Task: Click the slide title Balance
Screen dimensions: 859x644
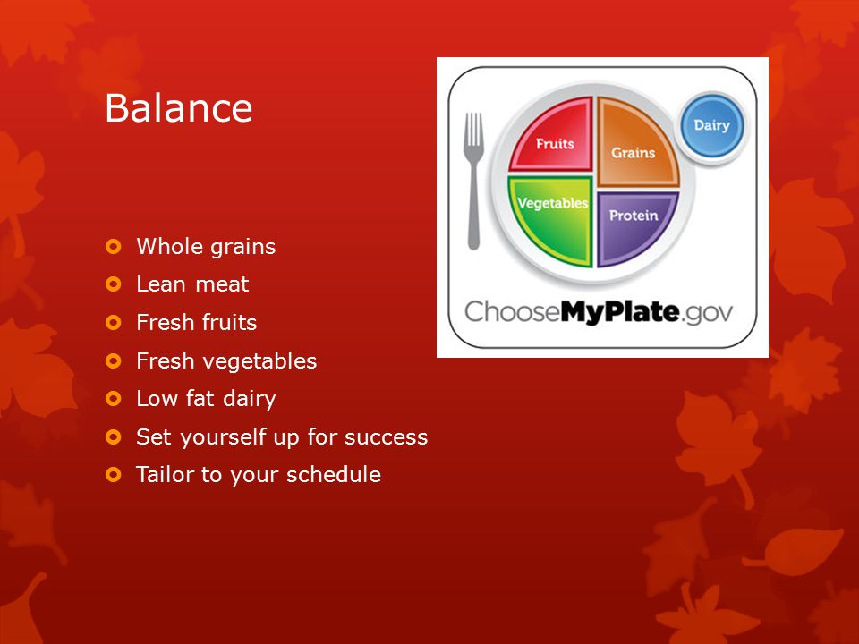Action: point(179,107)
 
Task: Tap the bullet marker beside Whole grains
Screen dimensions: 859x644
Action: point(114,247)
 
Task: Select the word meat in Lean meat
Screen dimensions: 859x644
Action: point(222,284)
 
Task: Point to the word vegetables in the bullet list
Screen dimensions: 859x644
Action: point(259,361)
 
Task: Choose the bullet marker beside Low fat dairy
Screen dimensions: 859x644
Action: point(114,399)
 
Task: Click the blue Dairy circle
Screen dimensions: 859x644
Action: point(712,125)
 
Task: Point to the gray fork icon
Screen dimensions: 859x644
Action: point(473,181)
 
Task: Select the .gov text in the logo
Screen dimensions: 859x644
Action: point(706,313)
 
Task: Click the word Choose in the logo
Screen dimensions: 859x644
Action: point(512,311)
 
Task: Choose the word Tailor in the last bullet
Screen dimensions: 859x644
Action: point(166,474)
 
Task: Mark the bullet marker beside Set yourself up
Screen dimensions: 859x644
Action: point(114,437)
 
